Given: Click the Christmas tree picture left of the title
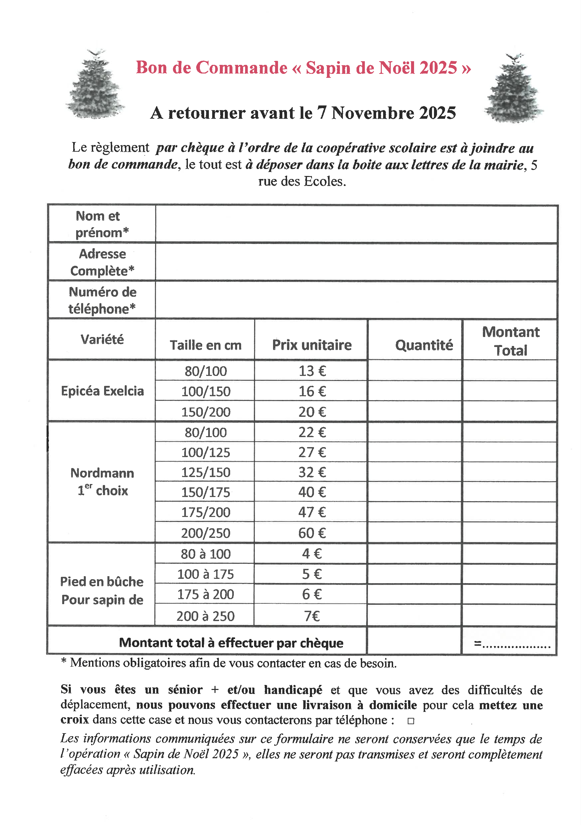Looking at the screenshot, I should click(x=95, y=84).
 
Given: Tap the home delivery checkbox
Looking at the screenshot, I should click(x=411, y=721).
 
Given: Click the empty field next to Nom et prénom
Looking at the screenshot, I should click(x=356, y=224).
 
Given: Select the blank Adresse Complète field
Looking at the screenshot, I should click(x=356, y=262).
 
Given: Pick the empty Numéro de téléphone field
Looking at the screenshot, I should click(x=356, y=300).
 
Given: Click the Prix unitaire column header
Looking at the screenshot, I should click(x=312, y=345).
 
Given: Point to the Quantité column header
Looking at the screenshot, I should click(x=424, y=345).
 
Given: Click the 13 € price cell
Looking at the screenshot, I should click(x=312, y=371).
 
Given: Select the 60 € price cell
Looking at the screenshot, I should click(x=312, y=533).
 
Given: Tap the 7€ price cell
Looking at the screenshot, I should click(x=312, y=616).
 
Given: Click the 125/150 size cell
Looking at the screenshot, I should click(x=205, y=472).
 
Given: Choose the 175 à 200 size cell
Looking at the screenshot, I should click(x=205, y=594).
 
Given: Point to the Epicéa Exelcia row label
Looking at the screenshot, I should click(x=102, y=391).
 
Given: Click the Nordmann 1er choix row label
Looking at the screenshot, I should click(x=102, y=481).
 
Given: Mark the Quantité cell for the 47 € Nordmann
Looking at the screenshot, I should click(x=414, y=512).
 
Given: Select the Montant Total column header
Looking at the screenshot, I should click(x=510, y=341).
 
